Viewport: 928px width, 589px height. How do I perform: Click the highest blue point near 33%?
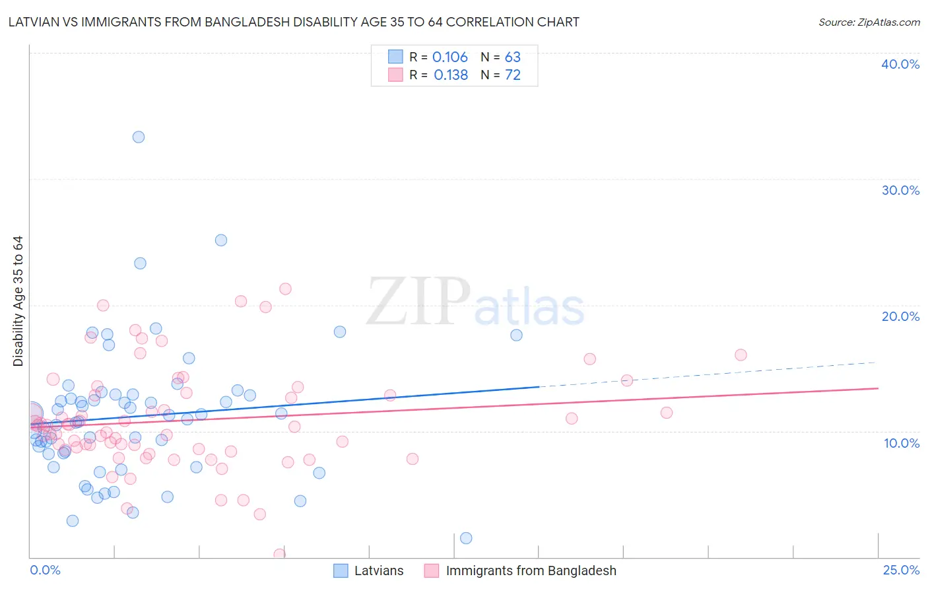(x=139, y=137)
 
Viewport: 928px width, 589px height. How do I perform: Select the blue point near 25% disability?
(x=221, y=240)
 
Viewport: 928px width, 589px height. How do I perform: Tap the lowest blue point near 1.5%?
(x=466, y=538)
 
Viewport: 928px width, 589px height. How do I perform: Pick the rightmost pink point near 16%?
(x=741, y=355)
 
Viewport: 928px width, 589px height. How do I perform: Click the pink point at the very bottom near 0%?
(x=280, y=555)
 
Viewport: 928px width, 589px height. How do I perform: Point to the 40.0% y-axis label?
(x=900, y=64)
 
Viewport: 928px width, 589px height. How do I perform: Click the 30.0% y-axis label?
(x=900, y=190)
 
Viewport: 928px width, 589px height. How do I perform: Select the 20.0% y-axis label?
(x=900, y=316)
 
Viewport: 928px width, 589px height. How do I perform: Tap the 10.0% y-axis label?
(x=902, y=443)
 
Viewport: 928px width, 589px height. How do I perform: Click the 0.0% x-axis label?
(x=45, y=570)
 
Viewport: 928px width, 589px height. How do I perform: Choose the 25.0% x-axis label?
(x=901, y=570)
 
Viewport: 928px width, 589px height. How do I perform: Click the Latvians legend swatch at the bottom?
(x=341, y=571)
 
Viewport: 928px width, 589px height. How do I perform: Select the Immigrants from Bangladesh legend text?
(x=531, y=571)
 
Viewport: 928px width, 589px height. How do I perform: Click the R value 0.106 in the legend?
(x=450, y=57)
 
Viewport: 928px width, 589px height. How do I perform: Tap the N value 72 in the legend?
(x=513, y=75)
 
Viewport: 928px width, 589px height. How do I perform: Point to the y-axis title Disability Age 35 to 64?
(x=18, y=301)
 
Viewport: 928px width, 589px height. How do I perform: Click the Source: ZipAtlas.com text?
(x=869, y=22)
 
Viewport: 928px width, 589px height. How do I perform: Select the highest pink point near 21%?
(x=285, y=289)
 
